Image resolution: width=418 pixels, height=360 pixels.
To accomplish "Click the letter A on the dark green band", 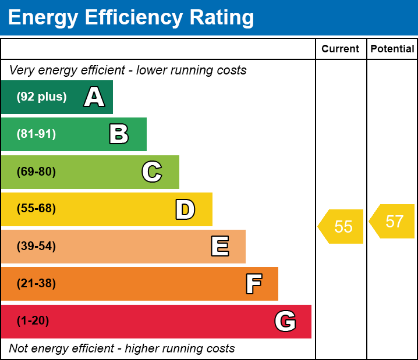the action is tap(94, 97).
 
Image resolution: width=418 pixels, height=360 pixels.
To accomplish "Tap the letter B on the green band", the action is tap(119, 134).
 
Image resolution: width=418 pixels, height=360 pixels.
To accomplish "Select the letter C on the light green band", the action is tap(152, 172).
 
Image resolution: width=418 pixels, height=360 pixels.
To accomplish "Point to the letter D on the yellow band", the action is tap(185, 209).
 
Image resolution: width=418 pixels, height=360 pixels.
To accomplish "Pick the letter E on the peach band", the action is tap(220, 246).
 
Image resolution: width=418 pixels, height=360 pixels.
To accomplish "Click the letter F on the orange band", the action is tap(254, 284).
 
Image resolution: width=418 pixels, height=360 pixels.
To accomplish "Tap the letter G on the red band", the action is tap(285, 321).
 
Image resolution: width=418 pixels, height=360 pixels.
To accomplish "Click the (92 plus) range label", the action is tap(41, 97).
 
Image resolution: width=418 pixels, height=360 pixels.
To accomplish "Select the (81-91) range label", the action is tap(36, 134).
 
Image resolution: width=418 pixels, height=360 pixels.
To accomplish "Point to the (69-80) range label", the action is tap(36, 172).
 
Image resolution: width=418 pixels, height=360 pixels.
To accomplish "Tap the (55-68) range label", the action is tap(36, 208).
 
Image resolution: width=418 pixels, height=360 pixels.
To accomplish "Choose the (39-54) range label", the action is tap(36, 247).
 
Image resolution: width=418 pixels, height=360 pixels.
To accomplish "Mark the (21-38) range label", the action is tap(36, 284).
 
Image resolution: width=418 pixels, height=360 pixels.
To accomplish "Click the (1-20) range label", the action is tap(33, 321).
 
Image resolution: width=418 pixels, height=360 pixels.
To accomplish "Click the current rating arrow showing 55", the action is tap(341, 227).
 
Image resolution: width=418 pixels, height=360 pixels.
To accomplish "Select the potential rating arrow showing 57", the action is tap(392, 221).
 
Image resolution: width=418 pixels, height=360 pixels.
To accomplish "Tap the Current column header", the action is tap(340, 49).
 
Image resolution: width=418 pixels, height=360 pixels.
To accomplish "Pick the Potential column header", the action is tap(392, 49).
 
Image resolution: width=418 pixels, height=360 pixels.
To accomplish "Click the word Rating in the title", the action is tap(222, 18).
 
